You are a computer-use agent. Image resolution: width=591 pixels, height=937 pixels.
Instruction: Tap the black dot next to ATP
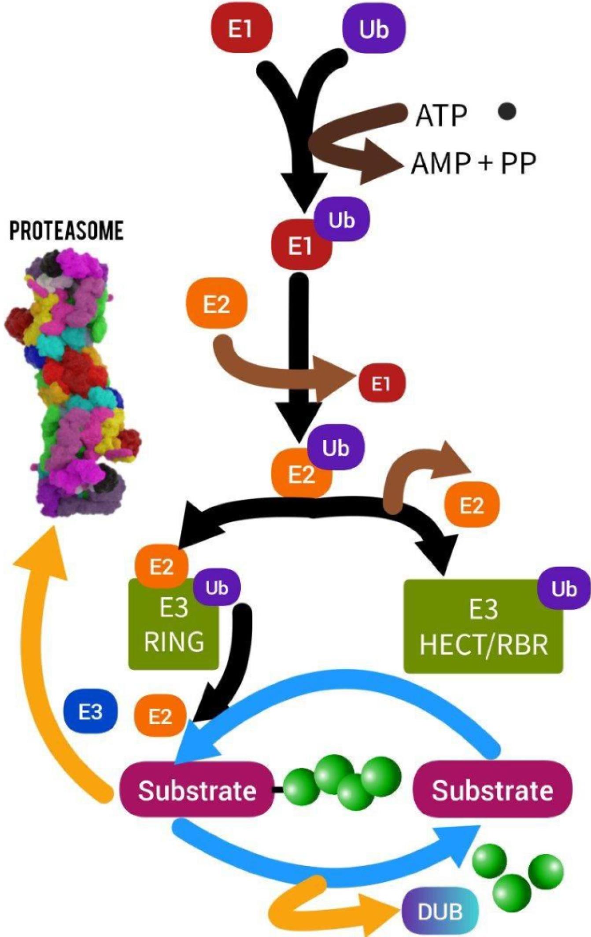tap(507, 111)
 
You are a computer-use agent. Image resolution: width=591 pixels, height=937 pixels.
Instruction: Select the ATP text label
tap(441, 116)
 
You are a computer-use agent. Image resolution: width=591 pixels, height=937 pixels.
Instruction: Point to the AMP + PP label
tap(473, 164)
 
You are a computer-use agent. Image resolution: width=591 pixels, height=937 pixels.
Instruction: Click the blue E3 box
tap(90, 712)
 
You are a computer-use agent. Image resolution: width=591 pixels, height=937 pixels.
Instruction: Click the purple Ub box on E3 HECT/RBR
tap(564, 588)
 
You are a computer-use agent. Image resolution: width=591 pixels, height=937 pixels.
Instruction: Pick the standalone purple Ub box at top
tap(373, 30)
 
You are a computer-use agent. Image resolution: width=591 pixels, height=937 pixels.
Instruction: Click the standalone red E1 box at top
tap(240, 29)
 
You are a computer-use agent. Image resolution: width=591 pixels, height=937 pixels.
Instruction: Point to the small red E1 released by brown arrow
tap(381, 384)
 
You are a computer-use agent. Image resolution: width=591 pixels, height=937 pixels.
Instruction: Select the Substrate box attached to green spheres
tap(197, 790)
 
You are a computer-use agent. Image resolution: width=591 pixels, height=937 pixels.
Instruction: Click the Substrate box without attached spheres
tap(492, 790)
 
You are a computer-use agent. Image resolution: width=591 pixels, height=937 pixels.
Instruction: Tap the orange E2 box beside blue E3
tap(159, 716)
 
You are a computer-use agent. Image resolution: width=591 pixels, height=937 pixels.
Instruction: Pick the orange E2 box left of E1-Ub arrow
tap(216, 304)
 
